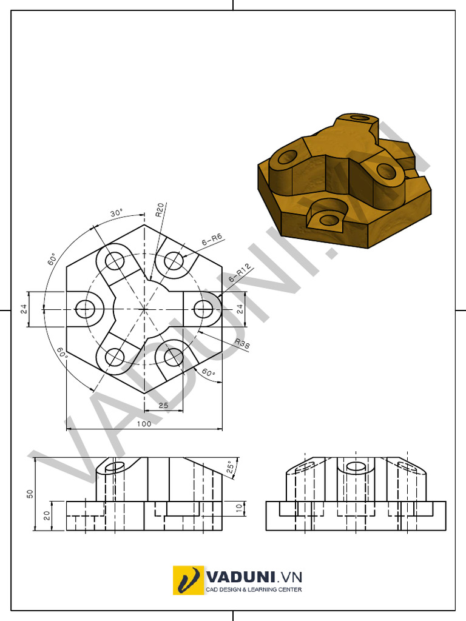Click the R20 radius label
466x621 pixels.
pos(159,210)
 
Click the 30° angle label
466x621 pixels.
pos(116,213)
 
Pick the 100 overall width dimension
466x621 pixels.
pos(144,424)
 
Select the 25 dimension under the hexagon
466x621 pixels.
pos(163,404)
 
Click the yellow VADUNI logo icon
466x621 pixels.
pos(188,580)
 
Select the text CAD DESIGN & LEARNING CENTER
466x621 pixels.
pos(254,589)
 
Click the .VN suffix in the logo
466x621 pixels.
pos(289,576)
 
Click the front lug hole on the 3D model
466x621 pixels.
pos(328,220)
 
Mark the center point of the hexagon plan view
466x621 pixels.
pos(144,309)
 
